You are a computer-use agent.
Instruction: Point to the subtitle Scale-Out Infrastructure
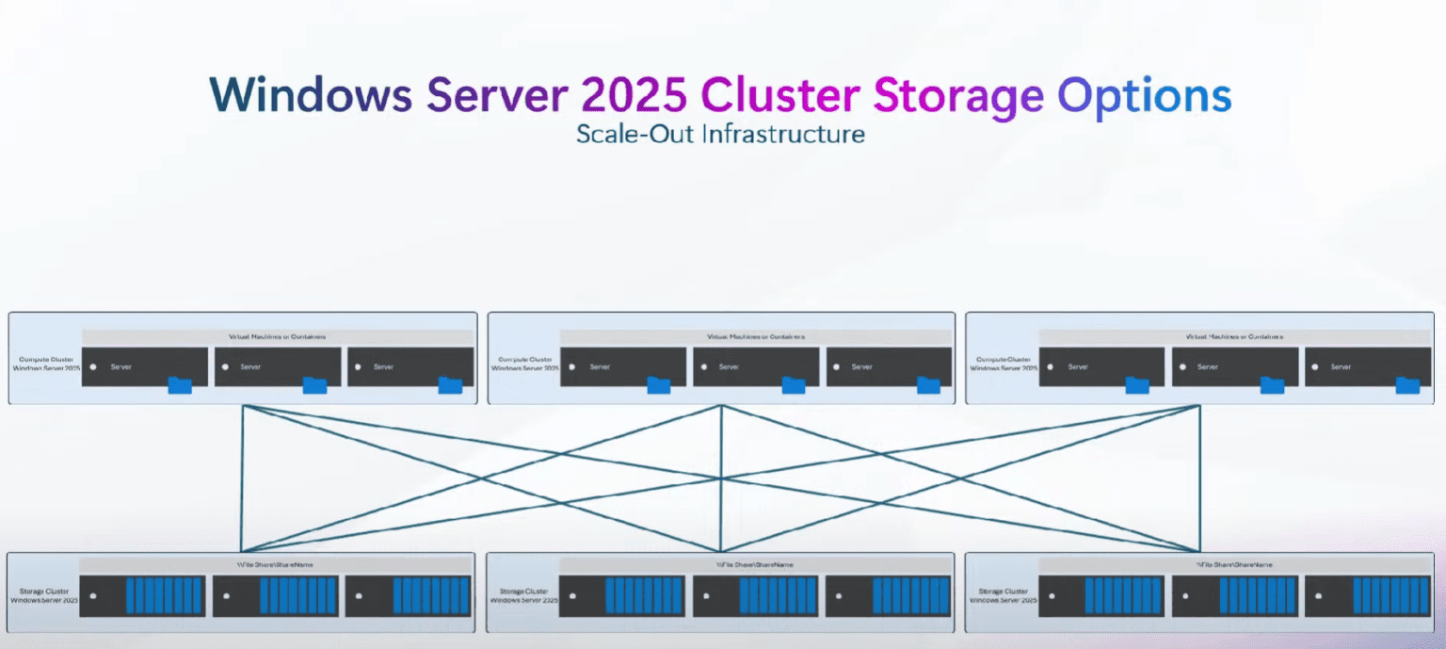tap(720, 134)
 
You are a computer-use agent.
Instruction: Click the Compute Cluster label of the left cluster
tap(45, 364)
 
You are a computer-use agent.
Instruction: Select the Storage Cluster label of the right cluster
tap(1003, 594)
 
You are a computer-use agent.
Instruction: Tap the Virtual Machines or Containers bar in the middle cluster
tap(755, 336)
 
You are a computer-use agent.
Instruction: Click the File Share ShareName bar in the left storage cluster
tap(276, 564)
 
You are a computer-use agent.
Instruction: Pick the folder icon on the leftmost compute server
tap(180, 384)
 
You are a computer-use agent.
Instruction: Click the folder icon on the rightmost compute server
tap(1407, 384)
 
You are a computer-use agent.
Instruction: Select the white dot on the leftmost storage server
tap(93, 596)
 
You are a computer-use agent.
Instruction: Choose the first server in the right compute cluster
tap(1101, 366)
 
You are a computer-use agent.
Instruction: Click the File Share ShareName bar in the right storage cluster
tap(1233, 564)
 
